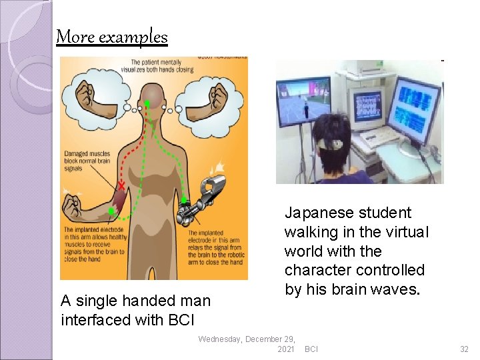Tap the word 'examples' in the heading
point(133,37)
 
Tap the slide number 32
point(464,349)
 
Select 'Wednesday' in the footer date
point(220,339)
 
